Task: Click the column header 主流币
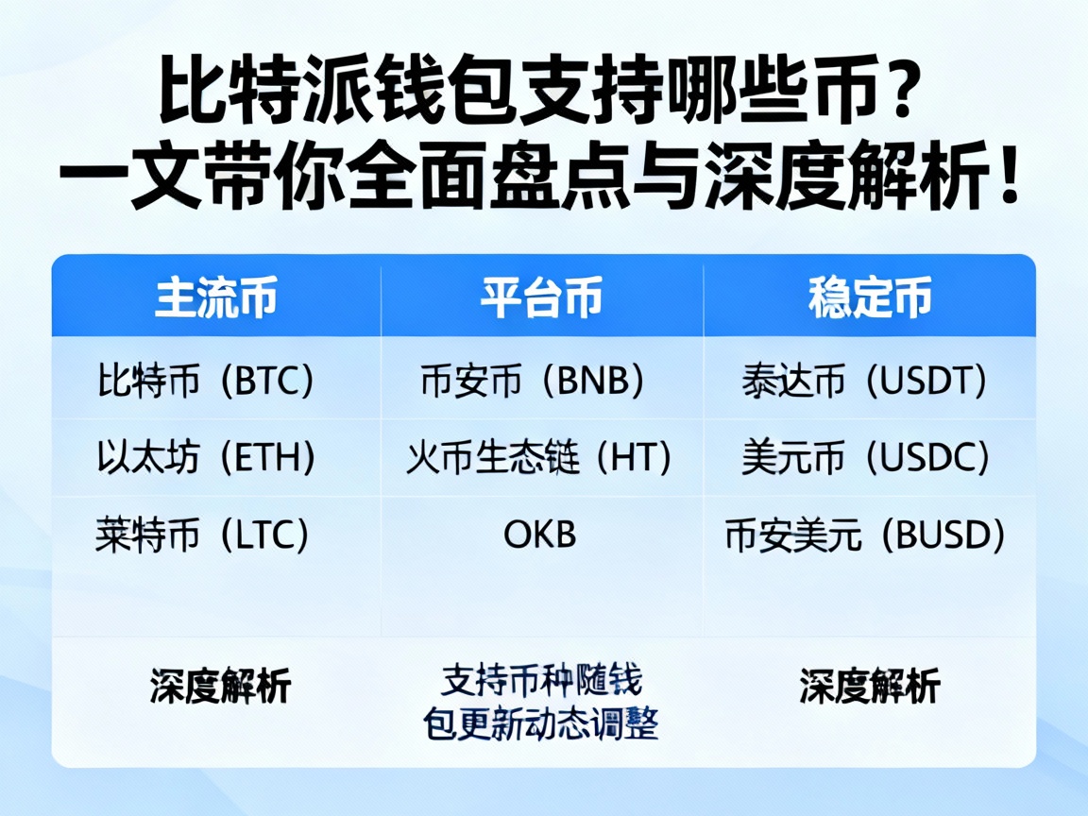(216, 298)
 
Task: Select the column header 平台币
(542, 298)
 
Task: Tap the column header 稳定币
(870, 298)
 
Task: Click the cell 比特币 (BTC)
(205, 381)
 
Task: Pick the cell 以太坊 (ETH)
(205, 458)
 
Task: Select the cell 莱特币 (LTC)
(203, 535)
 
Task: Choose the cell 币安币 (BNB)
(534, 381)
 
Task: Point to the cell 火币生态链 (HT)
(539, 458)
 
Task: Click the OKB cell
(539, 535)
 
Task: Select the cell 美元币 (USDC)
(866, 458)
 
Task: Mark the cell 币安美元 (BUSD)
(865, 535)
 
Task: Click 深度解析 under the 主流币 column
(220, 686)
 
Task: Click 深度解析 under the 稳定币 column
(870, 686)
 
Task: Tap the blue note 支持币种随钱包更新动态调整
(540, 703)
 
